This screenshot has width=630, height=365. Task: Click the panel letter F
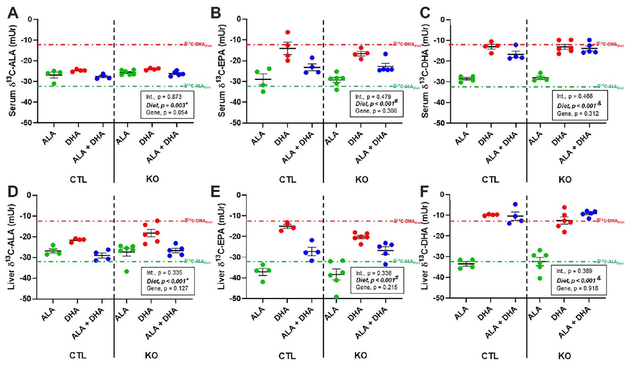pos(425,191)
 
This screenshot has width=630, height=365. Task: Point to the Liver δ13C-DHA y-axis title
pos(425,246)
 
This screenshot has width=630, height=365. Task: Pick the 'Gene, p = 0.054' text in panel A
pos(167,113)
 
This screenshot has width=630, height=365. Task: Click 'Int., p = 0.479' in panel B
pos(373,97)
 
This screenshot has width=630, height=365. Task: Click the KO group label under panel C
pos(565,179)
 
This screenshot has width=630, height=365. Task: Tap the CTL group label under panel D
pos(78,356)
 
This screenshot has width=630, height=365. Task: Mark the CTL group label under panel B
pos(287,179)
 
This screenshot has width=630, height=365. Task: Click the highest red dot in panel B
pos(288,33)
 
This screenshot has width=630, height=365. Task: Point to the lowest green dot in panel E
pos(336,297)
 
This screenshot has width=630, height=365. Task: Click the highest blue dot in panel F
pos(515,204)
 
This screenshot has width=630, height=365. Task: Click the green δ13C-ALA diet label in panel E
pos(407,261)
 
